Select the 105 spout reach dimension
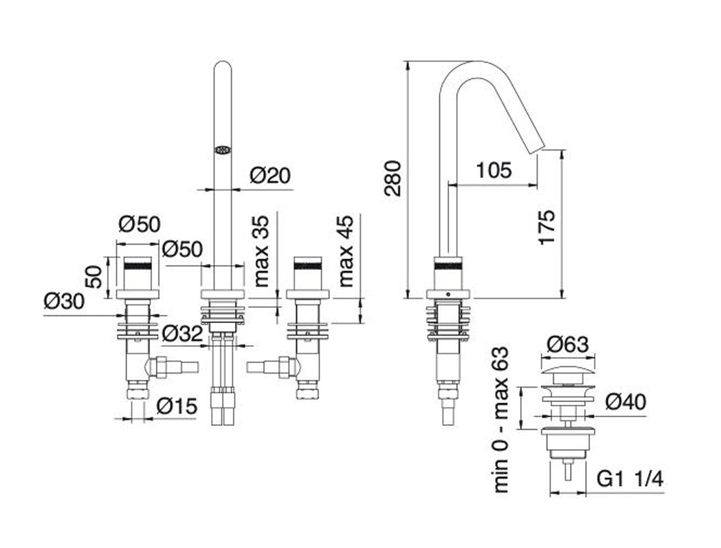[493, 170]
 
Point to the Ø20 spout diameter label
[269, 176]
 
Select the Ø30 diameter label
[64, 301]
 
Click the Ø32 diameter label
[182, 333]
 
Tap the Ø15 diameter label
[177, 407]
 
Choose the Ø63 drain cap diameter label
[567, 344]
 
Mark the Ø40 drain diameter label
[626, 401]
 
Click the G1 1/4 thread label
[630, 480]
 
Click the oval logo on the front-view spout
[223, 149]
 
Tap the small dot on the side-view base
[448, 294]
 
